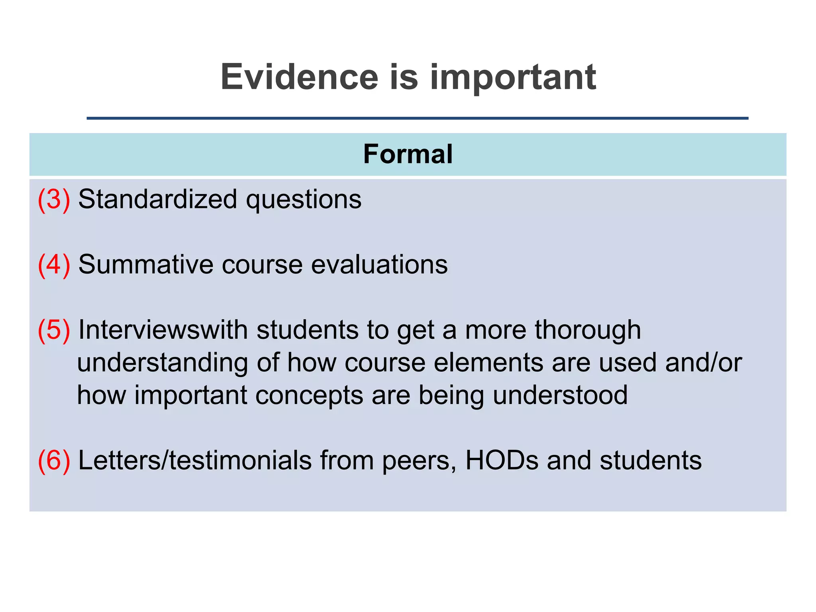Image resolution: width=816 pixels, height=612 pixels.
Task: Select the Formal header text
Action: (408, 154)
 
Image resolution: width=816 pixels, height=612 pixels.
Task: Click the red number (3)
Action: (54, 199)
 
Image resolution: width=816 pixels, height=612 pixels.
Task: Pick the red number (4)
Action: (54, 265)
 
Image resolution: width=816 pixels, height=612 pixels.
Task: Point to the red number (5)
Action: (54, 330)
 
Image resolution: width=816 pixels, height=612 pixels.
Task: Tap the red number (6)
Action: (54, 461)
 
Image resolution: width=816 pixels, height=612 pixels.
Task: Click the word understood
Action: (560, 395)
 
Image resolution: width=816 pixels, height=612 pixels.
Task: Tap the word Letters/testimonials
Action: (195, 461)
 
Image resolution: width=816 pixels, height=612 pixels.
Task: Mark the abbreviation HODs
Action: (502, 461)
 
